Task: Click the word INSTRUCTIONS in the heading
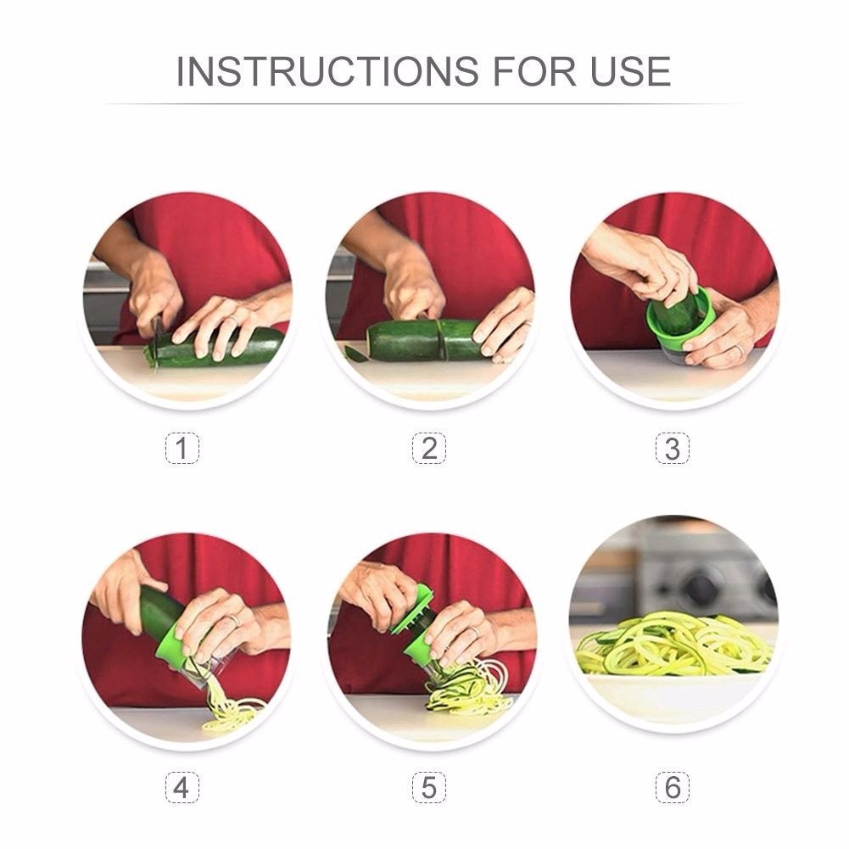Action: tap(327, 71)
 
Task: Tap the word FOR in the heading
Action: tap(533, 71)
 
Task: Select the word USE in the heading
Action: tap(631, 71)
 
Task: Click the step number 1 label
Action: tap(182, 449)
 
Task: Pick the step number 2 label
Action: tap(429, 449)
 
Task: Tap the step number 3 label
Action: tap(673, 449)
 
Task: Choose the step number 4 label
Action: tap(182, 787)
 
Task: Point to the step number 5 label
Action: tap(429, 787)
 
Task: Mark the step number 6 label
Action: tap(673, 787)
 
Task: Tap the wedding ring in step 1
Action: tap(234, 321)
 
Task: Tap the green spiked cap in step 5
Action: tap(412, 607)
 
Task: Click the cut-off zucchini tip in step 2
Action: tap(355, 355)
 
